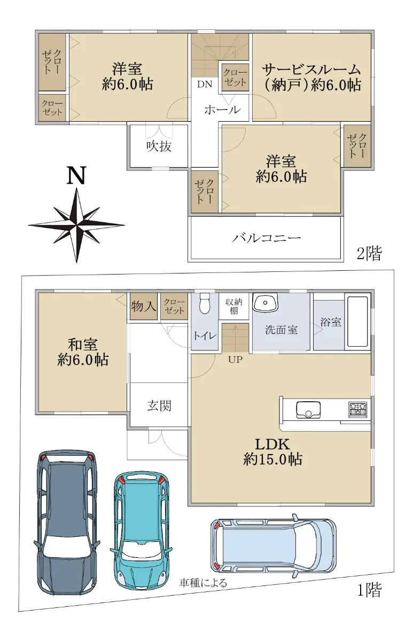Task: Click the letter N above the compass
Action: pos(77,175)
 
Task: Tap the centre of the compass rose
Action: pos(77,225)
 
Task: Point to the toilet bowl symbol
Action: pos(204,303)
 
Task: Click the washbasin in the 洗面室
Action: pos(266,303)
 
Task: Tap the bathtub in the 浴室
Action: pos(357,322)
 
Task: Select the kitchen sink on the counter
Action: pos(308,410)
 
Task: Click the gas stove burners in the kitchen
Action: pos(358,410)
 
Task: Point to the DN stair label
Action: pos(205,84)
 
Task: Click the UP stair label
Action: pos(235,359)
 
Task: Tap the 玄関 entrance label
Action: pos(159,405)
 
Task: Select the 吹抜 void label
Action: pos(159,146)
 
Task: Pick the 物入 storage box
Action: pos(143,306)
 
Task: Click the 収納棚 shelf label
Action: pos(233,306)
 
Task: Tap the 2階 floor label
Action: pos(369,254)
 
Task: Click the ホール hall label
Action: pos(222,110)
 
